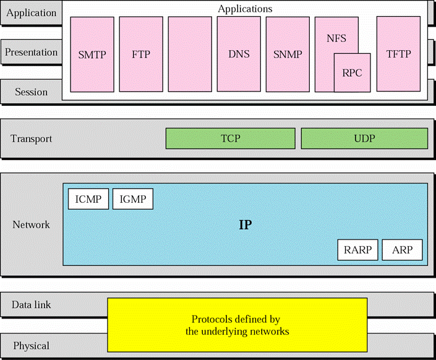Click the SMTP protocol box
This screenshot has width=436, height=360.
tap(92, 54)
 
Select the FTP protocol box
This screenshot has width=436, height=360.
tap(141, 54)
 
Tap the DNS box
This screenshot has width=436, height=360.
tap(239, 54)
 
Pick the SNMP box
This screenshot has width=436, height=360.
tap(288, 54)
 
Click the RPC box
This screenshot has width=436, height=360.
tap(352, 72)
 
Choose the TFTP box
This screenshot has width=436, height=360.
tap(398, 54)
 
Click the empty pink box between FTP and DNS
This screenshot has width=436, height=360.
tap(190, 54)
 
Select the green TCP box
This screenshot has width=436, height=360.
tap(230, 139)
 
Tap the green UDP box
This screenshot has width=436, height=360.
tap(364, 139)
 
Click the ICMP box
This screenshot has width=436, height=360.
tap(88, 199)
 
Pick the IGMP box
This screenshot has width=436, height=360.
tap(133, 199)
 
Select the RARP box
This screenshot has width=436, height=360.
tap(357, 251)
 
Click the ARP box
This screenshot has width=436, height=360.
tap(403, 251)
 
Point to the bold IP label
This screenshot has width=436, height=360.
tap(246, 225)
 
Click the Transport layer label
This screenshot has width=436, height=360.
tap(31, 139)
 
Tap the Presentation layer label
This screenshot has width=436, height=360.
tap(31, 53)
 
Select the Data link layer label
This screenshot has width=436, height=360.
tap(31, 305)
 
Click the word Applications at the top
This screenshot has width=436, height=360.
tap(245, 9)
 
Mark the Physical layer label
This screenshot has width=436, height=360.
tap(31, 345)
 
